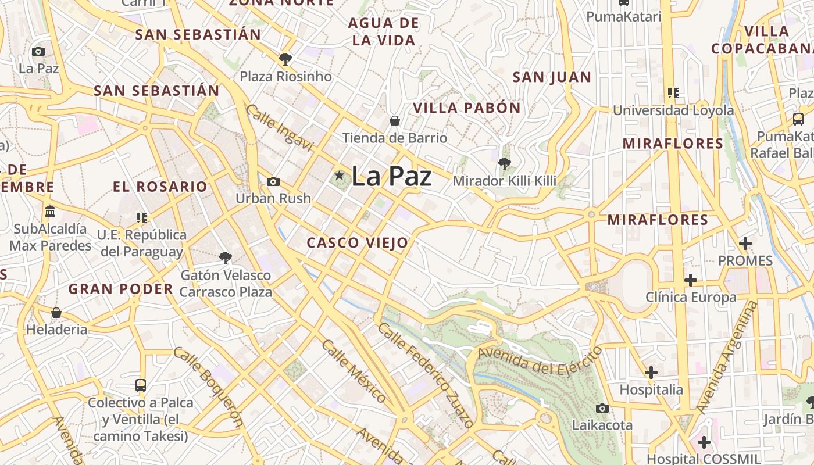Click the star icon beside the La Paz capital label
pyautogui.click(x=339, y=176)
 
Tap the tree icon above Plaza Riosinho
pyautogui.click(x=285, y=59)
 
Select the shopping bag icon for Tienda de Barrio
pyautogui.click(x=394, y=121)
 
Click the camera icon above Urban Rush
pyautogui.click(x=273, y=181)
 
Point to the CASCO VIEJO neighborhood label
pyautogui.click(x=357, y=243)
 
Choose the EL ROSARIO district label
pyautogui.click(x=160, y=187)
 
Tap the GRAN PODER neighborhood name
pyautogui.click(x=121, y=289)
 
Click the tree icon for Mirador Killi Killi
pyautogui.click(x=504, y=163)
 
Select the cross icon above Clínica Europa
pyautogui.click(x=690, y=281)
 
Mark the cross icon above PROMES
pyautogui.click(x=745, y=244)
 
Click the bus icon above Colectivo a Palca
pyautogui.click(x=140, y=385)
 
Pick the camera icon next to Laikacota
pyautogui.click(x=602, y=408)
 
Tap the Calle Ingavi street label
pyautogui.click(x=279, y=128)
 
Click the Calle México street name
pyautogui.click(x=353, y=372)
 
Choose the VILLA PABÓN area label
pyautogui.click(x=466, y=108)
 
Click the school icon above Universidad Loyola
pyautogui.click(x=673, y=92)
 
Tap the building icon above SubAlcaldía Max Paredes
pyautogui.click(x=50, y=211)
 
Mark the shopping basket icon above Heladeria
pyautogui.click(x=56, y=313)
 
